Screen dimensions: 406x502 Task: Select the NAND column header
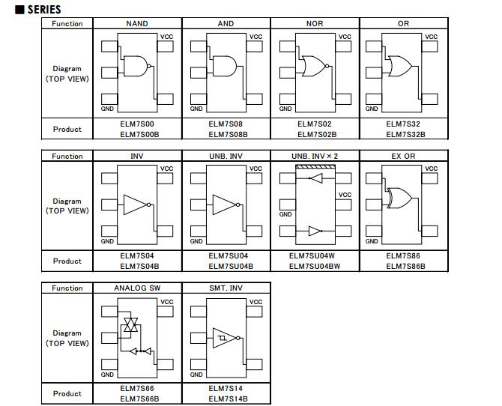[137, 24]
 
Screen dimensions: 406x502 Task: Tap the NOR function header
[315, 24]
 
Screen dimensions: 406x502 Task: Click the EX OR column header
[404, 156]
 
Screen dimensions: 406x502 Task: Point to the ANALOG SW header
[137, 288]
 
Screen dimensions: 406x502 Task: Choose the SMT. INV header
[226, 288]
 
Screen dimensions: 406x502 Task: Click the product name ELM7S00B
[137, 135]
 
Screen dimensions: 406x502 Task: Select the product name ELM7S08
[226, 124]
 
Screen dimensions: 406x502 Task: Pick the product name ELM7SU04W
[315, 256]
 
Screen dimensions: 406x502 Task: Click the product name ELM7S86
[404, 256]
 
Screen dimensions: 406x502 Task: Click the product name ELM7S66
[137, 388]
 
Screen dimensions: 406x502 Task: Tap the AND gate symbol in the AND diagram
[225, 67]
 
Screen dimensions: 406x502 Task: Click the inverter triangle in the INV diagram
[136, 204]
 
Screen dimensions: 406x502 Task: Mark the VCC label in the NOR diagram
[344, 37]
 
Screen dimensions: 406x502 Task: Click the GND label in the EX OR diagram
[372, 241]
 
